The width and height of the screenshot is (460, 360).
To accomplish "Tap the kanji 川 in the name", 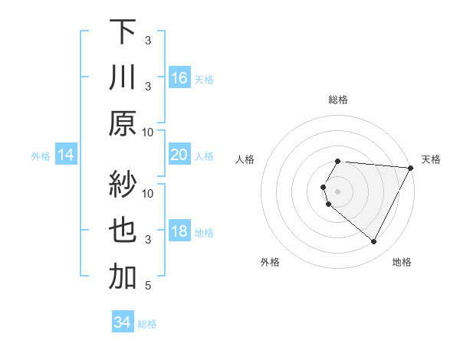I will (x=122, y=77).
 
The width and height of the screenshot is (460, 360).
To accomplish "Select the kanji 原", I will (x=122, y=123).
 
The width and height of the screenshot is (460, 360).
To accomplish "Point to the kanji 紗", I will (x=122, y=184).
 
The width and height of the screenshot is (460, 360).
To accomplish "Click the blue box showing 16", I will (x=179, y=77).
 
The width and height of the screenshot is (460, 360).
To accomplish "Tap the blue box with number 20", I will (x=179, y=155).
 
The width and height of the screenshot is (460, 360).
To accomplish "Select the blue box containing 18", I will (x=179, y=231).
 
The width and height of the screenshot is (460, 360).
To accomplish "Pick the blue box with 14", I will (x=66, y=155).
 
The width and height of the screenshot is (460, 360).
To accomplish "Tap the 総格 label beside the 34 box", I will (x=147, y=324).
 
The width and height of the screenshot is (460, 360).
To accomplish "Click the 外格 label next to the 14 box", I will (x=41, y=155).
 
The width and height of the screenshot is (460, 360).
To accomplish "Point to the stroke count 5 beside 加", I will (x=149, y=286).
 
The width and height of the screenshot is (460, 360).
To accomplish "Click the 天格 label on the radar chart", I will (x=431, y=159).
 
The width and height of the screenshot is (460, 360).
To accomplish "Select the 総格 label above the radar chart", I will (x=338, y=100).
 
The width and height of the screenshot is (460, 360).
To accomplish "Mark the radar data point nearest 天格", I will (x=410, y=168).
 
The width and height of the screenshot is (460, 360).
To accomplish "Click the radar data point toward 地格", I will (x=374, y=242).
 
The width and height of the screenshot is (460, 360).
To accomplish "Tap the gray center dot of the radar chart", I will (x=338, y=191).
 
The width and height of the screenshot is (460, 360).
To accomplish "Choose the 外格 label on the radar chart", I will (x=270, y=262).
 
